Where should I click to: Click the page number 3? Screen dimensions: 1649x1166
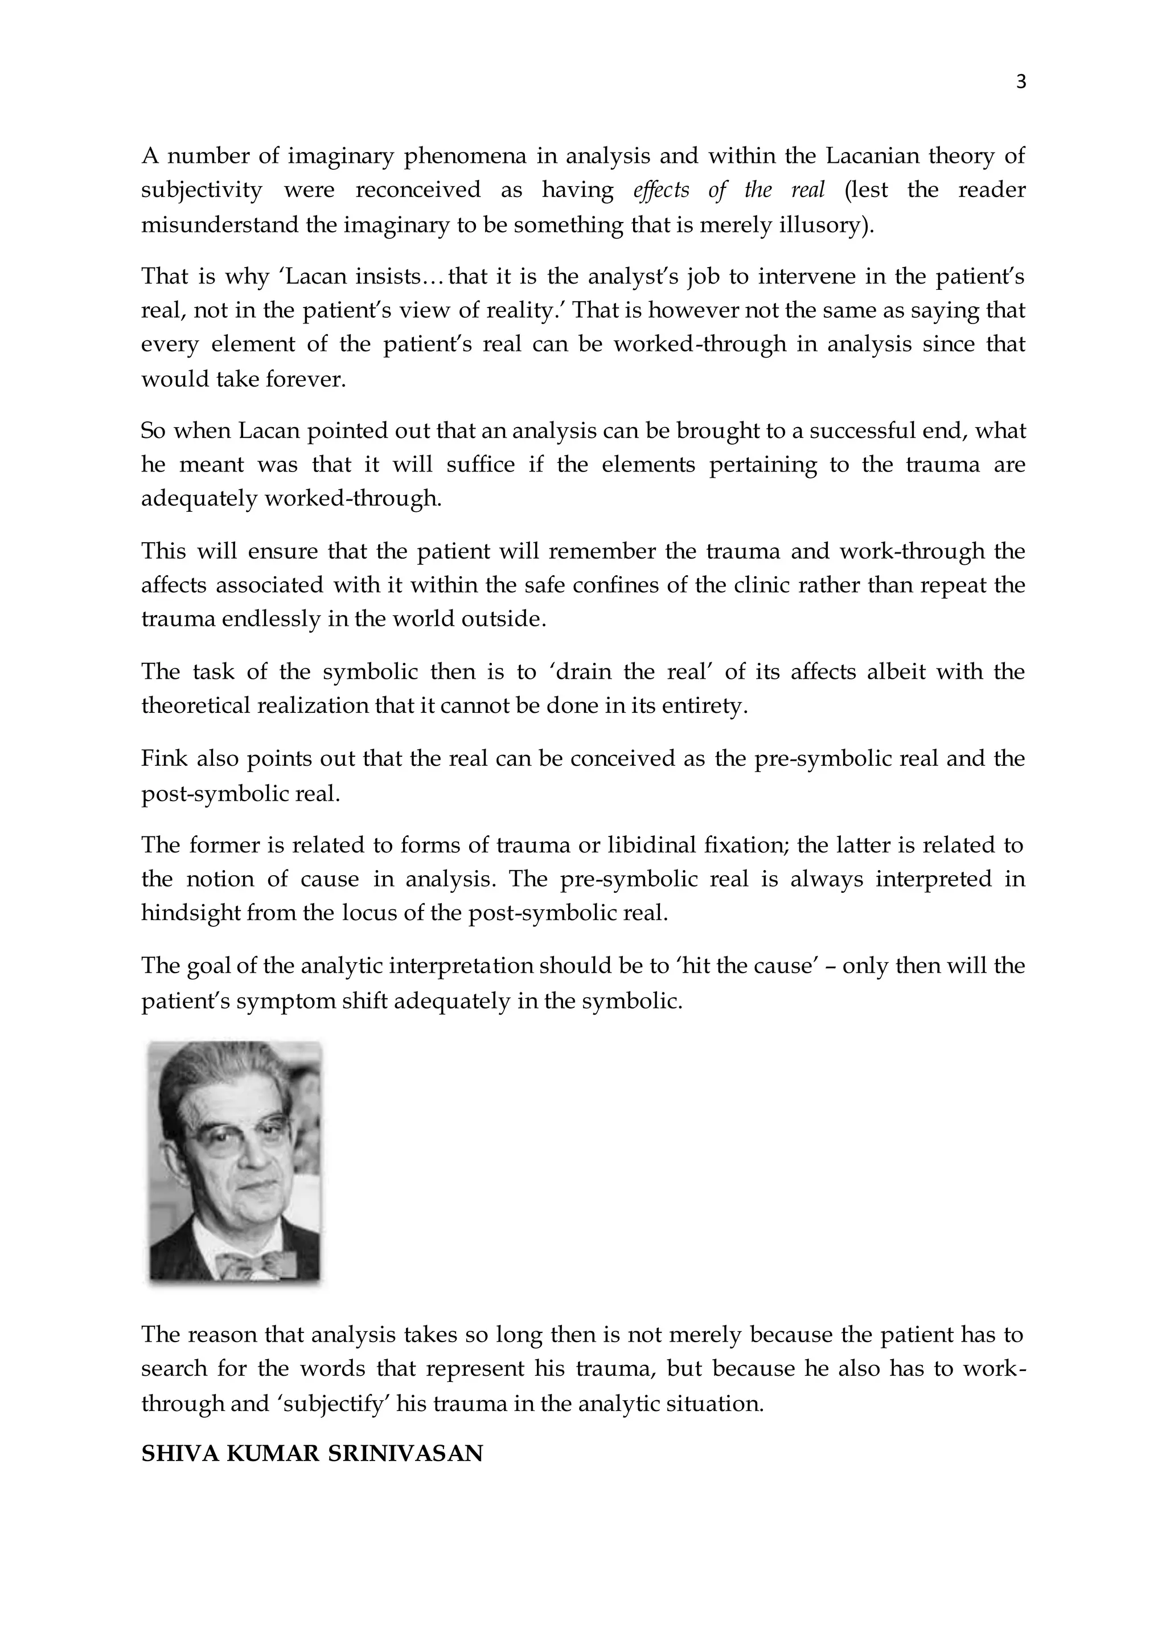tap(1021, 83)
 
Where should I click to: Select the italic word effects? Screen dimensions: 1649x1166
tap(661, 190)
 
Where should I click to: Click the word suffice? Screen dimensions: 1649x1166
tap(481, 465)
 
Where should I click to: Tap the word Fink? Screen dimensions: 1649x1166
tap(164, 758)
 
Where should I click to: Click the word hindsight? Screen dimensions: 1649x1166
tap(190, 913)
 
